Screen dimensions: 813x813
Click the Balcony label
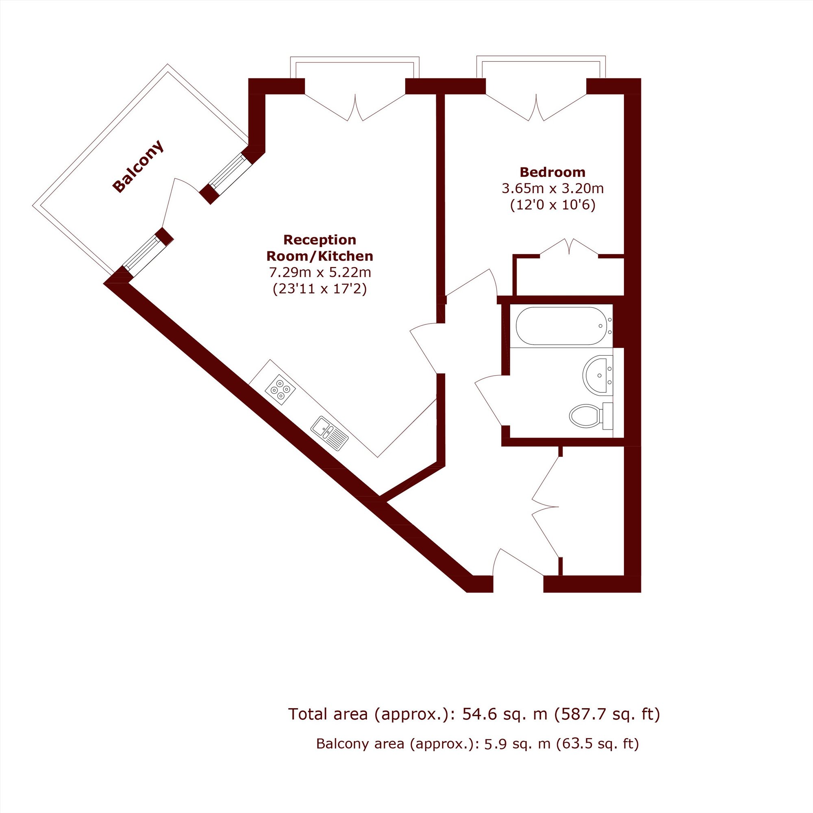(138, 166)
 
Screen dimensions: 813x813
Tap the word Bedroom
(552, 172)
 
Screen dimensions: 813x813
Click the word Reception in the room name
(320, 240)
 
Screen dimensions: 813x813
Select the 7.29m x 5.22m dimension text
(320, 273)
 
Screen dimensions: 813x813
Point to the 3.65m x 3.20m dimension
(552, 189)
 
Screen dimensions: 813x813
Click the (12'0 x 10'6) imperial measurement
(552, 205)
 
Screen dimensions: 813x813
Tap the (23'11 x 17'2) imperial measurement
(320, 289)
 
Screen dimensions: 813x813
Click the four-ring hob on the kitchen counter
(280, 390)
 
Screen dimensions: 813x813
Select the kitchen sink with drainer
(330, 433)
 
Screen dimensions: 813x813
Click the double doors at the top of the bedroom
(536, 107)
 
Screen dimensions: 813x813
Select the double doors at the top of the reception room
(355, 107)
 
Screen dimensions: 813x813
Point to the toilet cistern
(608, 416)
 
